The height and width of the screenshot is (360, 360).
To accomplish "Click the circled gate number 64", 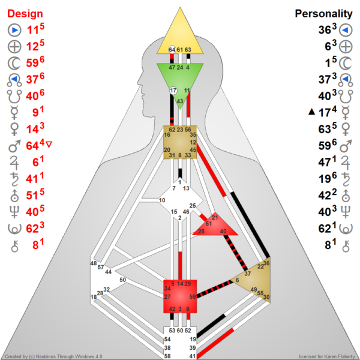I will coord(172,49).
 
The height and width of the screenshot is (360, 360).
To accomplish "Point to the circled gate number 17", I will coord(173,91).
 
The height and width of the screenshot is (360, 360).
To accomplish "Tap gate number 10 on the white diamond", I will coord(162,200).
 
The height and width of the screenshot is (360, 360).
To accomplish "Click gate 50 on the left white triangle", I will coord(122,280).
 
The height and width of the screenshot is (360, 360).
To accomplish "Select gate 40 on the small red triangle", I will coord(223,231).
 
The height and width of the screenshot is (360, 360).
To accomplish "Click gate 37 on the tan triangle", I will coord(247,274).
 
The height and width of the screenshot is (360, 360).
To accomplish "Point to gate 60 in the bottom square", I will coord(180,330).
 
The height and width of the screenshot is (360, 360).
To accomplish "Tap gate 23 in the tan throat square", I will coord(180,130).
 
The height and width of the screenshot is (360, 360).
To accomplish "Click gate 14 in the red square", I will coord(180,283).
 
